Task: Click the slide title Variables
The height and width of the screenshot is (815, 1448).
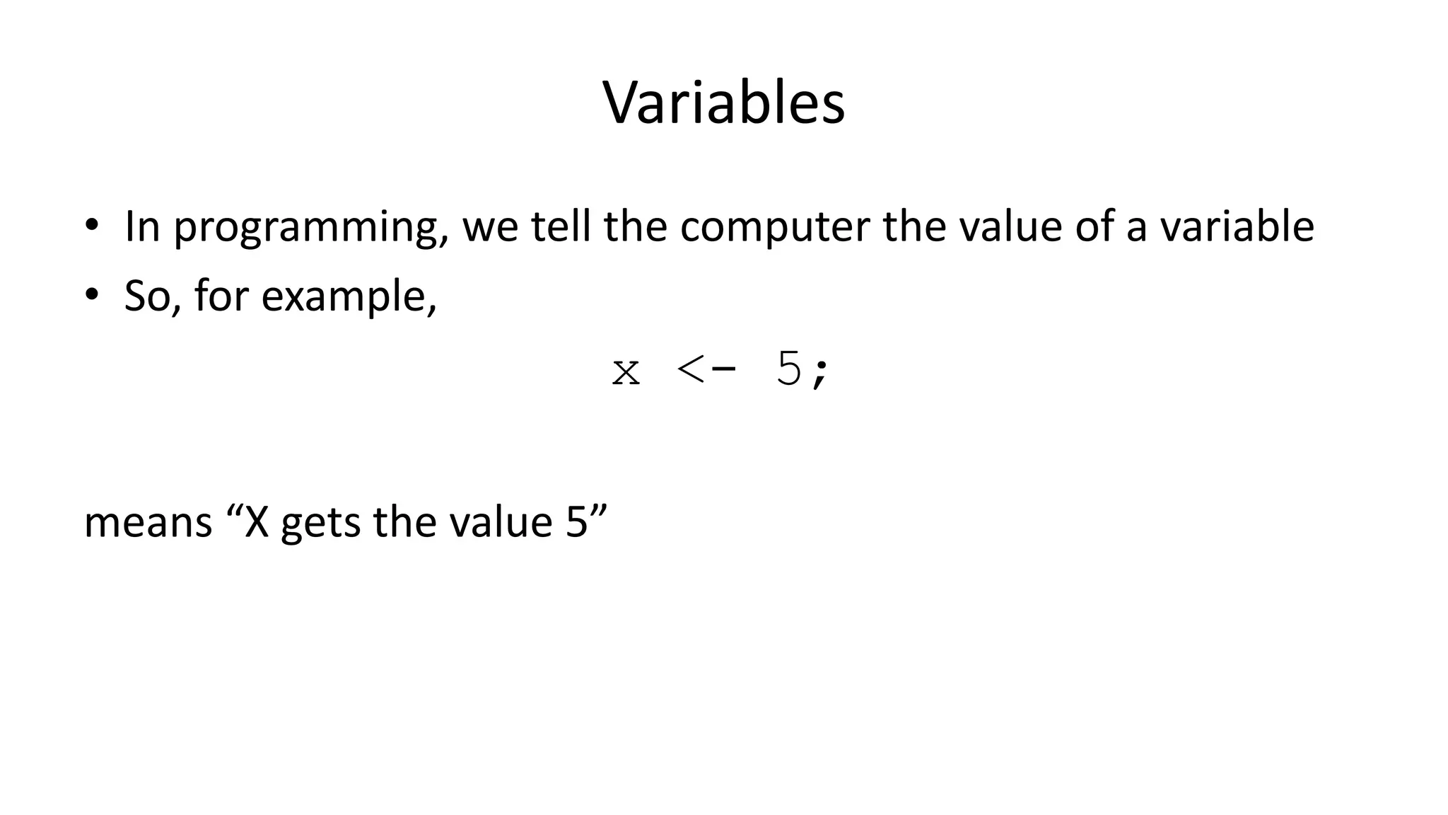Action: [723, 103]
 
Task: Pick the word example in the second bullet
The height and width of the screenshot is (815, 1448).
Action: [349, 296]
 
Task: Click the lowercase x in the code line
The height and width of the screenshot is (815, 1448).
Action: [626, 371]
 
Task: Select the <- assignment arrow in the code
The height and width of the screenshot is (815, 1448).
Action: [706, 369]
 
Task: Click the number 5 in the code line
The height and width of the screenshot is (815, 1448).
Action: [789, 369]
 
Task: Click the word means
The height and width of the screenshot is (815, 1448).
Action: [148, 523]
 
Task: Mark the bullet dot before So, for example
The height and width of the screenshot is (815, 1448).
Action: [91, 295]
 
